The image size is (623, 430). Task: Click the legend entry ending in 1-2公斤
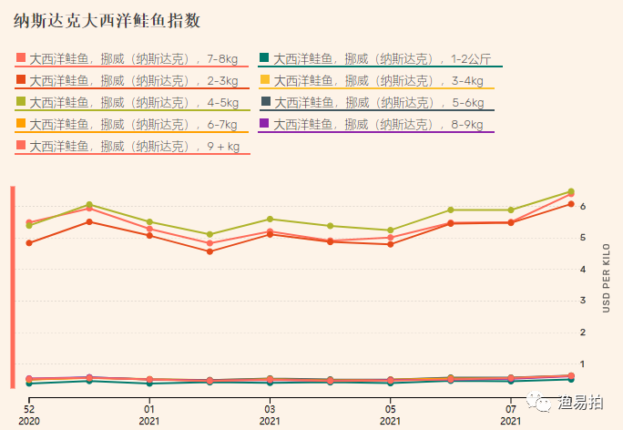click(383, 59)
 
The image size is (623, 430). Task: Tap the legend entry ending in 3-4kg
click(383, 81)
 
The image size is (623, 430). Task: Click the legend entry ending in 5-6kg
click(383, 103)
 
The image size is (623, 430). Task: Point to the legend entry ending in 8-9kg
click(383, 125)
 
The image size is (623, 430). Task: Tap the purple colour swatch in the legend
click(264, 124)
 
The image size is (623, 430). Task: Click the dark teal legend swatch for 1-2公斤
click(264, 58)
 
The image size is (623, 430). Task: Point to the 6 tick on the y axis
click(583, 206)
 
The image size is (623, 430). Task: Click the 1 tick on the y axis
click(583, 364)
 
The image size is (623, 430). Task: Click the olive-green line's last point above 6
click(570, 191)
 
